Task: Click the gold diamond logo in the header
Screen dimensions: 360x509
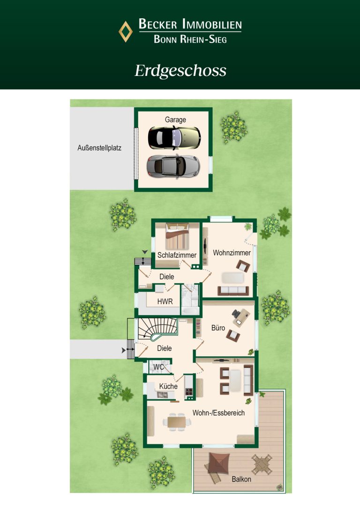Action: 125,31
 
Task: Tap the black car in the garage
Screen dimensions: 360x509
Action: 174,138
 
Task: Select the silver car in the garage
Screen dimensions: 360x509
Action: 173,166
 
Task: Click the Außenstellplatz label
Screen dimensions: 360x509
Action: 99,148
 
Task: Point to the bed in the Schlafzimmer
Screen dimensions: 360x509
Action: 177,236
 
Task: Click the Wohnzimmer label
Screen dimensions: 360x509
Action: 232,253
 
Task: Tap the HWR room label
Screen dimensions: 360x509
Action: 165,301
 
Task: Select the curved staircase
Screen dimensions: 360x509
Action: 158,329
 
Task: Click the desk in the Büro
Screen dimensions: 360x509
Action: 241,317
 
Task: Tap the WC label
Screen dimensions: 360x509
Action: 158,367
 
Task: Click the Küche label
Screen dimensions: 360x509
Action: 168,386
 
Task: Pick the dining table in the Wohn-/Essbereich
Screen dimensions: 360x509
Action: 177,422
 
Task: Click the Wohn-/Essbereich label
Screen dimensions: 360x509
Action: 218,413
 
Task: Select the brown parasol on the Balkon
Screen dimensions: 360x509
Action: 219,463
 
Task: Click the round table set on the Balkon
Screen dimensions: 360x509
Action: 262,464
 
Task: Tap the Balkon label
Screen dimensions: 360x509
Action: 241,479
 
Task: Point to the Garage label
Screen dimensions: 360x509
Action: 175,120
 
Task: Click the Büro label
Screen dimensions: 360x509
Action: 218,328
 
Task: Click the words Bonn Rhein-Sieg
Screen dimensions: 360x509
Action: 190,39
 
